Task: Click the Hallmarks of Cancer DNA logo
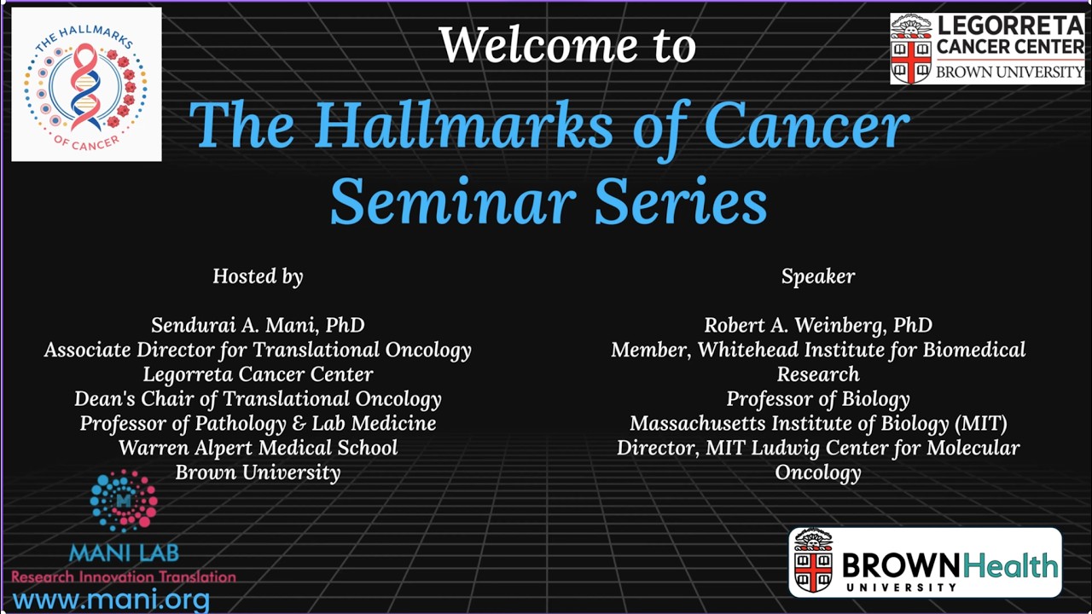(x=86, y=84)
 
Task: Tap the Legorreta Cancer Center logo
(x=987, y=48)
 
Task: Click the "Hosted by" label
(x=258, y=276)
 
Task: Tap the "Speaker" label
(x=817, y=276)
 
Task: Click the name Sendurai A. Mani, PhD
(x=258, y=326)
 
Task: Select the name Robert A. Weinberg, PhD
(x=817, y=326)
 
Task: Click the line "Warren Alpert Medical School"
(x=258, y=448)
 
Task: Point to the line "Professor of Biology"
(x=817, y=399)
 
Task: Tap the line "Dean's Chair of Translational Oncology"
(x=258, y=399)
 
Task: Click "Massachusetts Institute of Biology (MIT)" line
(x=817, y=424)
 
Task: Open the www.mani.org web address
(x=111, y=600)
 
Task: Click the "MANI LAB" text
(x=124, y=553)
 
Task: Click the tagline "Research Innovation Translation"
(x=124, y=576)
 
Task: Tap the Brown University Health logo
(x=925, y=562)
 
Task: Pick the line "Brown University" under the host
(x=258, y=472)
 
